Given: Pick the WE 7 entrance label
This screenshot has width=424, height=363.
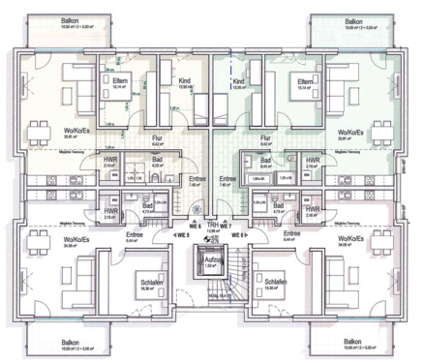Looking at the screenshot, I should pyautogui.click(x=226, y=224).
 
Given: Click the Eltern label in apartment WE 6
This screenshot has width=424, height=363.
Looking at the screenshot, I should pyautogui.click(x=107, y=81).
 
